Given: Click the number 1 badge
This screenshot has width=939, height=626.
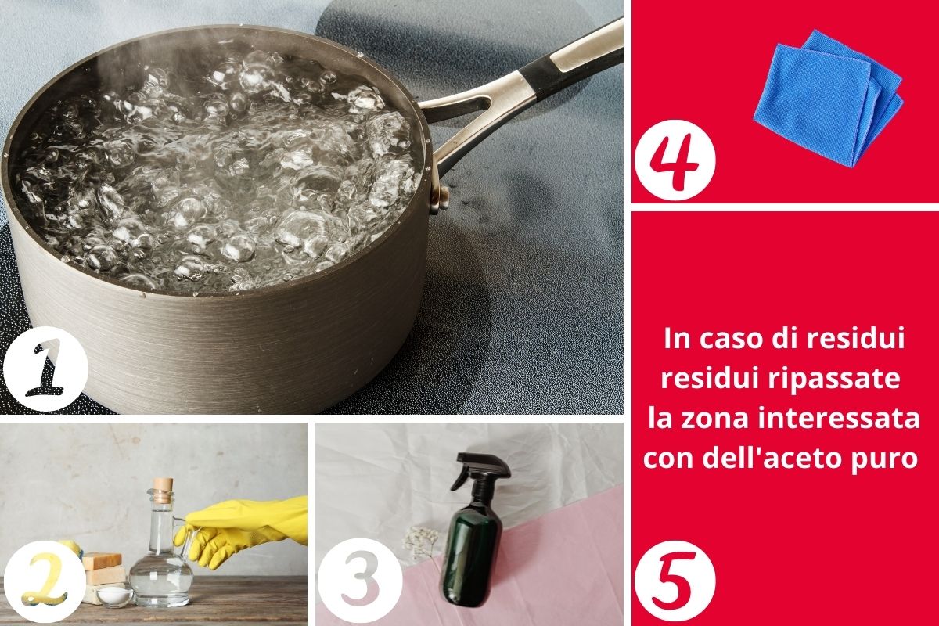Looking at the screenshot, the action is (x=45, y=369).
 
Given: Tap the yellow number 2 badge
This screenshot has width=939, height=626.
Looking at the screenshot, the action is (x=45, y=581).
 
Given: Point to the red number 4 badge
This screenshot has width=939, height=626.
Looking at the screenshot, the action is (x=675, y=160).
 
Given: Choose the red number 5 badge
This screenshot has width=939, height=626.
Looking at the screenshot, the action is (x=675, y=581).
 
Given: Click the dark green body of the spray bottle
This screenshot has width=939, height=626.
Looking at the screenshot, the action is (x=472, y=553).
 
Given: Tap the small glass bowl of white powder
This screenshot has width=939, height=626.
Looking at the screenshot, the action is (x=114, y=595).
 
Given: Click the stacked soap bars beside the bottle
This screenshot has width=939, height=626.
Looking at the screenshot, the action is (x=103, y=577).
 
